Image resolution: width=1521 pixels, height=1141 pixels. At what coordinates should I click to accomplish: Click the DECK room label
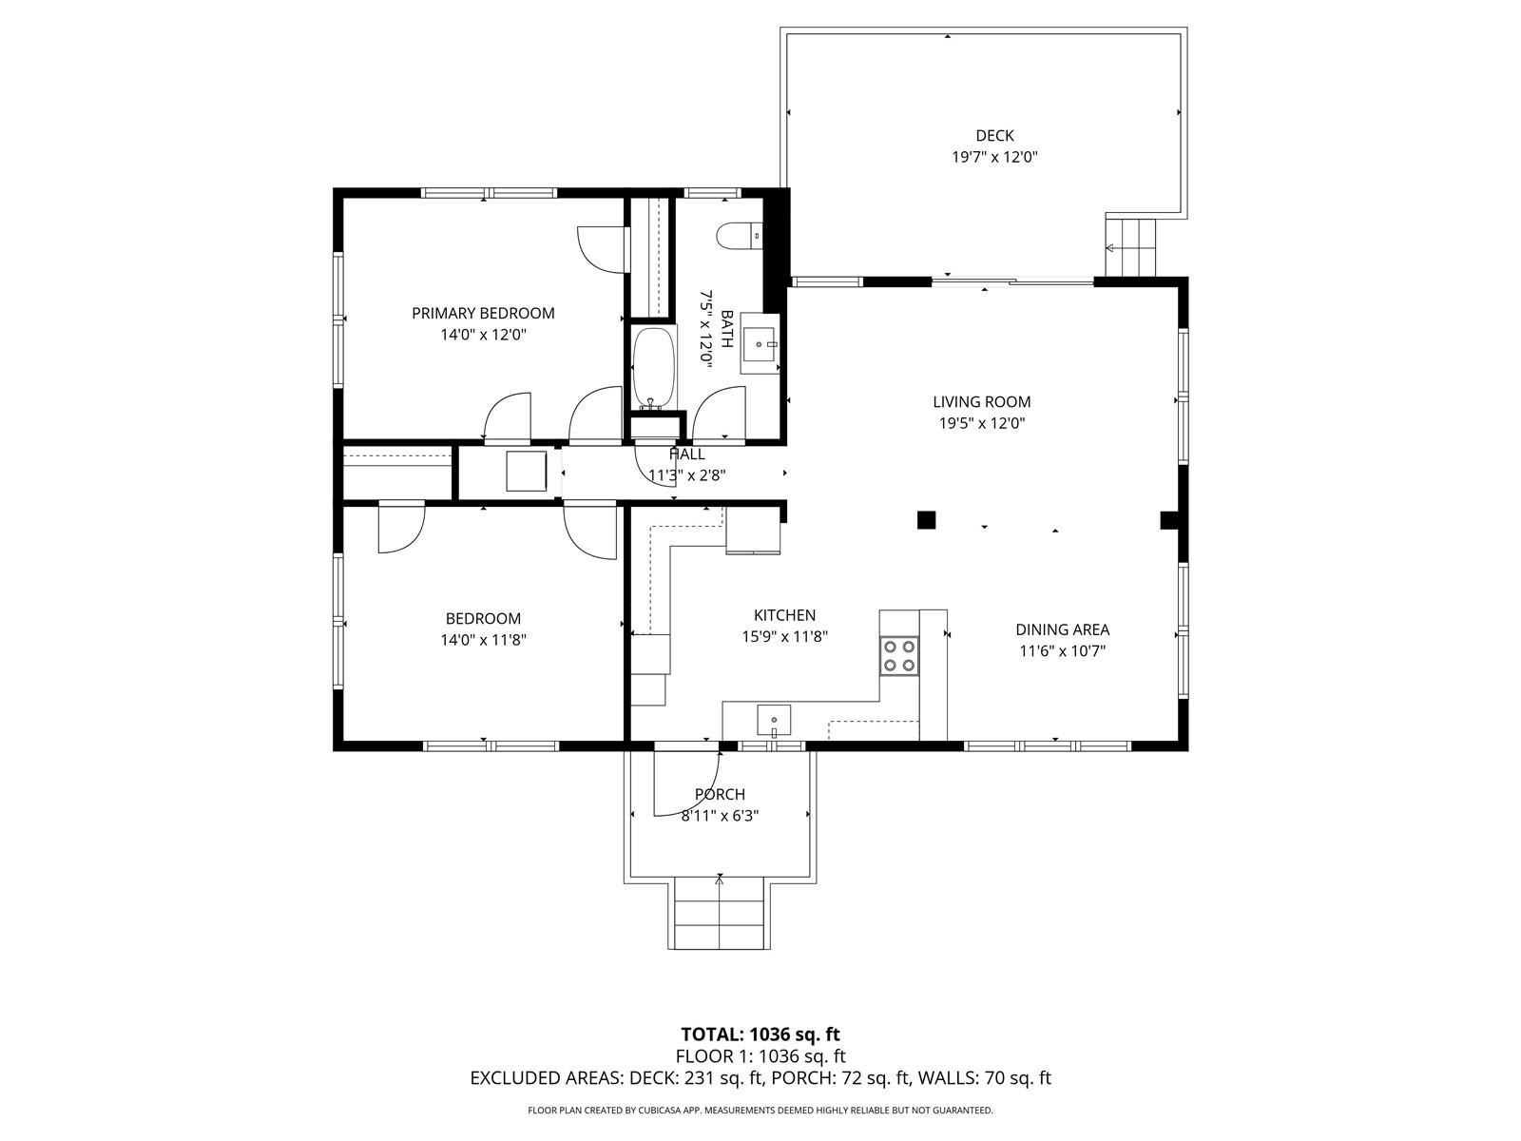(994, 136)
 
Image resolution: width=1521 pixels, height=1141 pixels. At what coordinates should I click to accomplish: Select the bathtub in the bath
(653, 368)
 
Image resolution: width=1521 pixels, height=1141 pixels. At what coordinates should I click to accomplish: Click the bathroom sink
(760, 343)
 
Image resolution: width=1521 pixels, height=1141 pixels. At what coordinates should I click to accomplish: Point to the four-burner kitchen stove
(898, 655)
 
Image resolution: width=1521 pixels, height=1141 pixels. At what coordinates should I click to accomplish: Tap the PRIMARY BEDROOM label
(483, 313)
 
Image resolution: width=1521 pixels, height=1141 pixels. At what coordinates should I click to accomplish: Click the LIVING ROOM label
(981, 402)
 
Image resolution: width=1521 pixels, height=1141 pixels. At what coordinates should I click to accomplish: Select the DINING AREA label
(1062, 629)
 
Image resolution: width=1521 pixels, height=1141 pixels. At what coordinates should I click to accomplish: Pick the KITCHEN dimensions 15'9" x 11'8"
(784, 636)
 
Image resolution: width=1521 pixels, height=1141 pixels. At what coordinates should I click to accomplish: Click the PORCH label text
(720, 795)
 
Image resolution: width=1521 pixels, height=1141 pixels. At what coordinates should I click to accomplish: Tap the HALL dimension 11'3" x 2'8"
(686, 475)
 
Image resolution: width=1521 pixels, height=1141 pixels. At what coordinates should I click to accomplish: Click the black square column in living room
(927, 519)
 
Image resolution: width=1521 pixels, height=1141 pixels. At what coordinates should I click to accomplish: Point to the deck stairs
(1131, 247)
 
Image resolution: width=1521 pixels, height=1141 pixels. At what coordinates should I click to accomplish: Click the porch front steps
(720, 913)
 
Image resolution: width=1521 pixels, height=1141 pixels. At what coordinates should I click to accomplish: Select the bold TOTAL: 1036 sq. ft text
(760, 1035)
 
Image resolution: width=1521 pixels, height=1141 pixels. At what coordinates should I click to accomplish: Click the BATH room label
(727, 329)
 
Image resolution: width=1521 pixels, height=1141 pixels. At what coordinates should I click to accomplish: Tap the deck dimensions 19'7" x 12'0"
(994, 157)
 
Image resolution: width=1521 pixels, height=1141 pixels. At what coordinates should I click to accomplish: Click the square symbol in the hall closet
(526, 471)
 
